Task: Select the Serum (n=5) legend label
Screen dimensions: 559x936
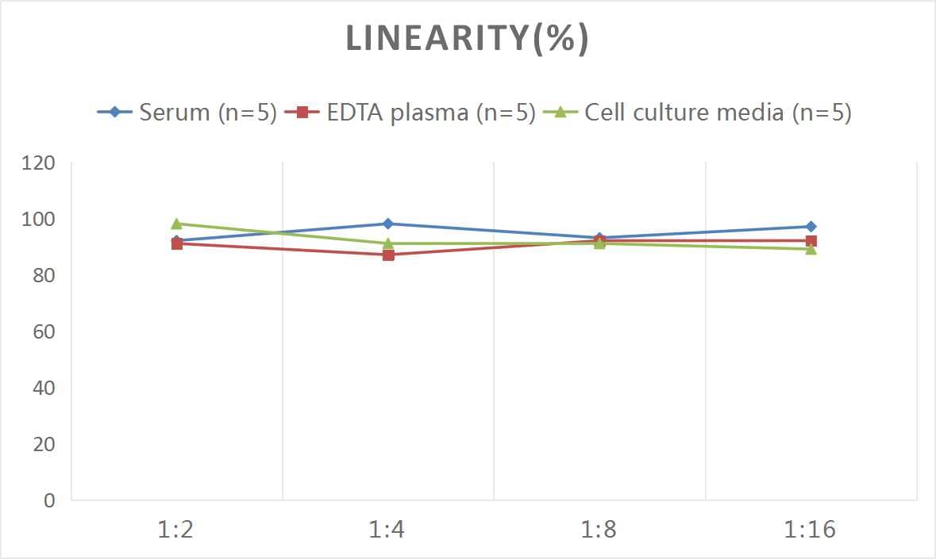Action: coord(208,113)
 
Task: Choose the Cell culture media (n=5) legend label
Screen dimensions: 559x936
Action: coord(718,113)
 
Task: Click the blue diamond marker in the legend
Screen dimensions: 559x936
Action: coord(114,113)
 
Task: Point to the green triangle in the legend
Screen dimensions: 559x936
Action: coord(560,113)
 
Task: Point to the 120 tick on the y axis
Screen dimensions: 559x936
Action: coord(39,163)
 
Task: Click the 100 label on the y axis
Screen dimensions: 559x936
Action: coord(39,220)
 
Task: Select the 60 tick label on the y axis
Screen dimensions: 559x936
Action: coord(44,331)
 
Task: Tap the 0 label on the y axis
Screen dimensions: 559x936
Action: coord(49,500)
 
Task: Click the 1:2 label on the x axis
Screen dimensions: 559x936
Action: coord(176,530)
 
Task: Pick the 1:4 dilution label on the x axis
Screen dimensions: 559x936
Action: coord(387,530)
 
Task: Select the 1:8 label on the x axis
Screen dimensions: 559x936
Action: coord(599,530)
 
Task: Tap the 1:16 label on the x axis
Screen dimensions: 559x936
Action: coord(810,530)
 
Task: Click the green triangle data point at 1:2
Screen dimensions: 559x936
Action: coord(176,224)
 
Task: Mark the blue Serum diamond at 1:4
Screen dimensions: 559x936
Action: coord(388,224)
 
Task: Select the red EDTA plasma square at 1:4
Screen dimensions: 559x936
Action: coord(388,255)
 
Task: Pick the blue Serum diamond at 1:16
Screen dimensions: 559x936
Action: coord(811,227)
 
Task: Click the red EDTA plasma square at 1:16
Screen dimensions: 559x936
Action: coord(811,241)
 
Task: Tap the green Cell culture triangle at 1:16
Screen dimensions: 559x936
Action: coord(811,249)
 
